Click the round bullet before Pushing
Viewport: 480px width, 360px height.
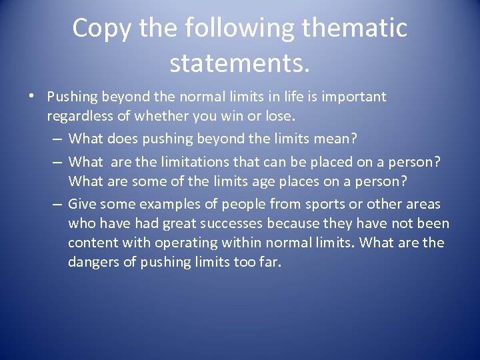point(31,97)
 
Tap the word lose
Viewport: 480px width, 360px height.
point(279,117)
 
